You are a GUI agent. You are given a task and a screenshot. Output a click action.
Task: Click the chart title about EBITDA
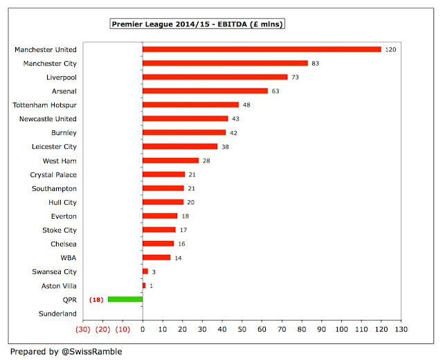point(199,24)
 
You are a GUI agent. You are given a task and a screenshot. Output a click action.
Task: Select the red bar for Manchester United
point(262,49)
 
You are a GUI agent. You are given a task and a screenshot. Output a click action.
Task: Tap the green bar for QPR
point(125,299)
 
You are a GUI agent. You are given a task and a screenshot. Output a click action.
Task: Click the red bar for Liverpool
point(215,77)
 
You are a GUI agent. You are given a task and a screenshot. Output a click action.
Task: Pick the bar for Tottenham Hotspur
point(190,105)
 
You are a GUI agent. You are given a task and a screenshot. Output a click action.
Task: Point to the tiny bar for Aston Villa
point(144,285)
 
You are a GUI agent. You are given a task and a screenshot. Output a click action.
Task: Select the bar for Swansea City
point(145,271)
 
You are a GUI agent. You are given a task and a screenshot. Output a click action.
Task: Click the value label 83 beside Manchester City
point(315,63)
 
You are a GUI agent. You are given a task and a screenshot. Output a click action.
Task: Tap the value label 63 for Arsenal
point(275,91)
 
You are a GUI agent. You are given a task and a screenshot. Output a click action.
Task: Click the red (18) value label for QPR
point(96,299)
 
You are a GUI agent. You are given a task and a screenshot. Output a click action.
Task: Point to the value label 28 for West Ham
point(206,160)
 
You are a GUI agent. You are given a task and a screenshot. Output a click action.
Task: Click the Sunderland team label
point(57,314)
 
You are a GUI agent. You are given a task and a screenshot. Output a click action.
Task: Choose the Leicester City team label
point(54,146)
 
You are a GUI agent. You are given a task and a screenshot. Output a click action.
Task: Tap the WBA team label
point(68,258)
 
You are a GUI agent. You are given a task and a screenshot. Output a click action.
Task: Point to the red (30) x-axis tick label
point(82,330)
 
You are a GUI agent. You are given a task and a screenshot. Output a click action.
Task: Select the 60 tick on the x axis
point(262,330)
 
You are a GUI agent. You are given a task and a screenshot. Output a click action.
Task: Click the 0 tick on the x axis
point(143,330)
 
